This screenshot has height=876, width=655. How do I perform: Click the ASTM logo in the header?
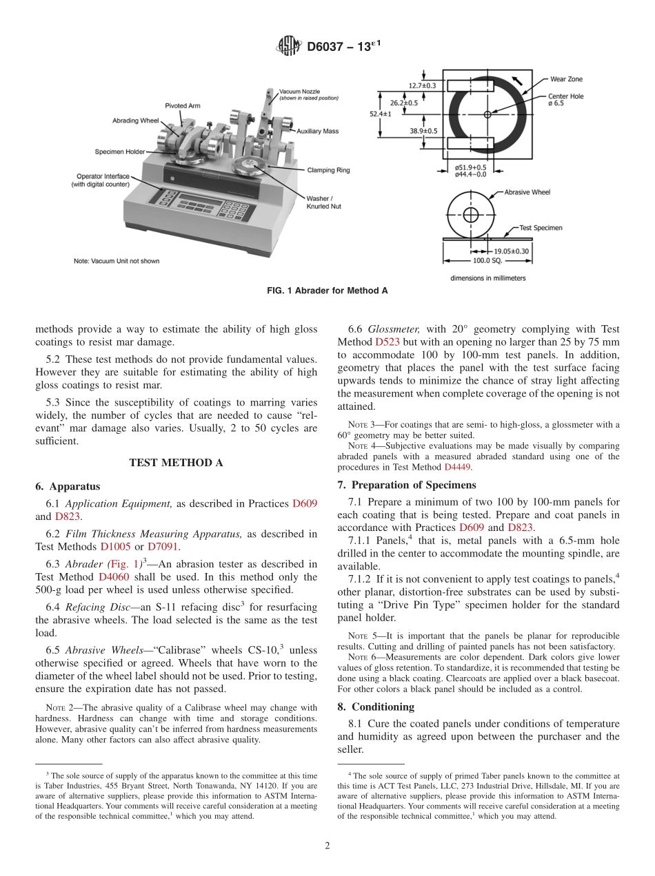(289, 47)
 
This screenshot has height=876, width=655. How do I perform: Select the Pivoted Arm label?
(183, 105)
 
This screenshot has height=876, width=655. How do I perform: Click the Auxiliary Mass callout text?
(317, 131)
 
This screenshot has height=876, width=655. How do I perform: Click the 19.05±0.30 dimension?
(511, 251)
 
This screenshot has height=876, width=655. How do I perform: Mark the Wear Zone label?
(565, 80)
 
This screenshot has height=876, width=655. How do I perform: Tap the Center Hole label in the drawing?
(565, 97)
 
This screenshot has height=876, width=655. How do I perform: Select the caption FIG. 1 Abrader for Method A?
(327, 291)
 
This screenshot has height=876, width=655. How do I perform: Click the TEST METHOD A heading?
(176, 463)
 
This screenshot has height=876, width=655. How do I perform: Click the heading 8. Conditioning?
(376, 707)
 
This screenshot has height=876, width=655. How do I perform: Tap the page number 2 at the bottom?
(327, 846)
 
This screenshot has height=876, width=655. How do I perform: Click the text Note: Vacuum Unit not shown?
(117, 261)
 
